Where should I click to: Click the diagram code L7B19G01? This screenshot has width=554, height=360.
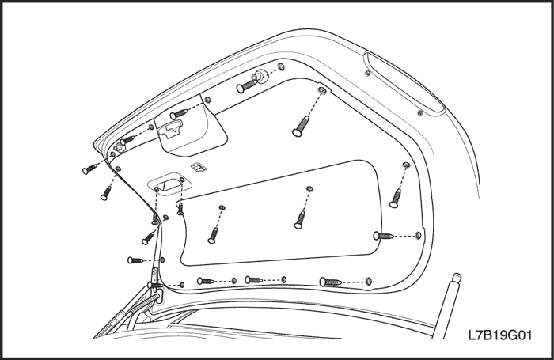click(x=500, y=335)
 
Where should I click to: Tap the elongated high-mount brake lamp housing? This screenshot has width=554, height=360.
click(x=404, y=84)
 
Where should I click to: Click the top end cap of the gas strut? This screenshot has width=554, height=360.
click(x=456, y=278)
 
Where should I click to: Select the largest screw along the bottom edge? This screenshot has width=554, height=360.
click(x=331, y=282)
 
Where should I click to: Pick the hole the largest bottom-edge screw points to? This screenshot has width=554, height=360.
click(x=368, y=282)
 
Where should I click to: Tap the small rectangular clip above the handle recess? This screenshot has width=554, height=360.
click(x=199, y=168)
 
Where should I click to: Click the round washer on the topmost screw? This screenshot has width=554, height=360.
click(x=260, y=76)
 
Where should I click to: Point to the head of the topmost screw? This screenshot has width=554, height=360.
click(x=240, y=89)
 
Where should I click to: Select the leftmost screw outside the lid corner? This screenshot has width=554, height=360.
click(x=89, y=169)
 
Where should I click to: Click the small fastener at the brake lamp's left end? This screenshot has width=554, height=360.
click(x=367, y=74)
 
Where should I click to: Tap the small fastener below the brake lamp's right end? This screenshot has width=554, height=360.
click(x=420, y=113)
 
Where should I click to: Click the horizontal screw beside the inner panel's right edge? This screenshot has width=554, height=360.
click(x=383, y=235)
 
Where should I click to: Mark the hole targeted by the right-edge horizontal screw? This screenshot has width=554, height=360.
click(x=419, y=235)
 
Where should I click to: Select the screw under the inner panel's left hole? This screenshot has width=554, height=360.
click(x=213, y=235)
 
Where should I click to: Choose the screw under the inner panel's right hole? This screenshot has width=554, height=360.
click(x=300, y=219)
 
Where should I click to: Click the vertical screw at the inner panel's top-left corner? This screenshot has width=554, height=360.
click(x=180, y=208)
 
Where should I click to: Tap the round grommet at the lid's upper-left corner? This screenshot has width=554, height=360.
click(x=118, y=148)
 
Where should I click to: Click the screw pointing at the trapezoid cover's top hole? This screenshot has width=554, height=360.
click(x=178, y=114)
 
